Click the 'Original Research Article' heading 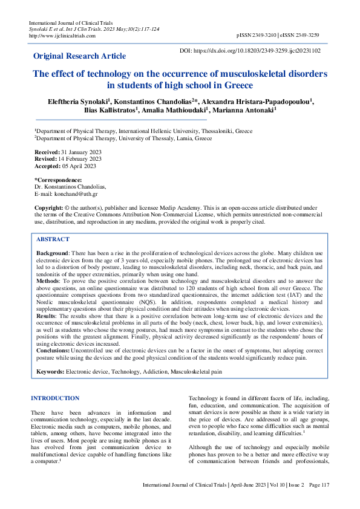[79, 56]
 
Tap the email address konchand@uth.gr [77, 194]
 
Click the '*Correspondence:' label [58, 180]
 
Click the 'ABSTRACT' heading [53, 239]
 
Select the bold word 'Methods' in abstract [48, 281]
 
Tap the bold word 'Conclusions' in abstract [53, 350]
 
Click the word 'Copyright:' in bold [48, 207]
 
